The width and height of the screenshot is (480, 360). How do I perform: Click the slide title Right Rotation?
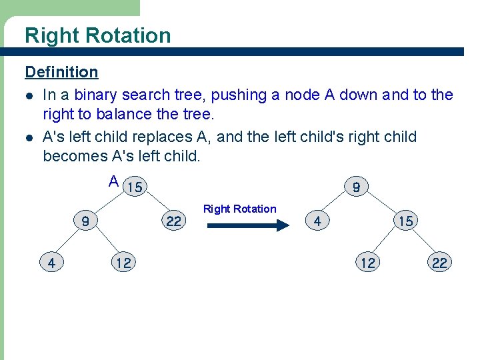tap(97, 35)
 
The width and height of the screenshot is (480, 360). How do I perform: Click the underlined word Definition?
tap(61, 72)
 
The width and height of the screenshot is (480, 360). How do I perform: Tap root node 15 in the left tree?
tap(135, 187)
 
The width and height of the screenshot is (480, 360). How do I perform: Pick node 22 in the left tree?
tap(173, 221)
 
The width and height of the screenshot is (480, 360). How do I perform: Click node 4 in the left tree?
tap(51, 263)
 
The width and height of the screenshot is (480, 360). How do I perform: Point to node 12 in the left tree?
tap(123, 263)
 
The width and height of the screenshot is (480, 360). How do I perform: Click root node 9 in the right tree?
tap(357, 187)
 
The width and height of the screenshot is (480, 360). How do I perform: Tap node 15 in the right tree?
tap(405, 221)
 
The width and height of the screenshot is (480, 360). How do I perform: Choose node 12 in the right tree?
tap(368, 263)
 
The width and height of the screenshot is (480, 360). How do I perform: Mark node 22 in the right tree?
tap(439, 263)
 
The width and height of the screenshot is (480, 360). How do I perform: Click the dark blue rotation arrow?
tap(247, 226)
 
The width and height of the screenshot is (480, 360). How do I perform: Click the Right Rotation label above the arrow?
tap(239, 209)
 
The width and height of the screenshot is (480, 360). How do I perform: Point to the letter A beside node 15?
tap(114, 181)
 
